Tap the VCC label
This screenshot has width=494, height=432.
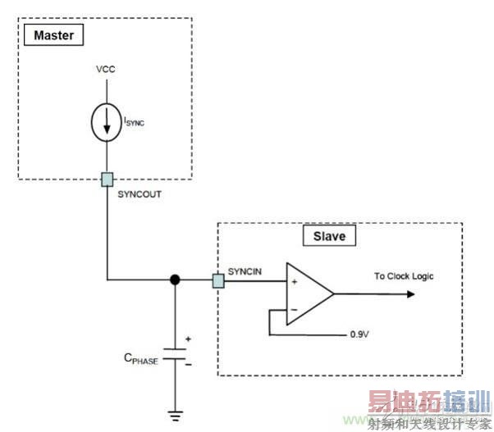point(106,70)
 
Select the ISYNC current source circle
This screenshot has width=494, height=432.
point(106,121)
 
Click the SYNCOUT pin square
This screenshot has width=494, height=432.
point(106,177)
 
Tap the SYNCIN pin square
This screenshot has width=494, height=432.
point(217,281)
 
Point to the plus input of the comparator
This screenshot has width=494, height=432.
point(292,281)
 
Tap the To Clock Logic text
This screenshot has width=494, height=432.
point(405,276)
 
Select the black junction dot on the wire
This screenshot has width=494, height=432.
point(175,281)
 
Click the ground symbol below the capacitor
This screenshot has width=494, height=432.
point(175,414)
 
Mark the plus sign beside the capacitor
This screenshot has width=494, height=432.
point(188,338)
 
